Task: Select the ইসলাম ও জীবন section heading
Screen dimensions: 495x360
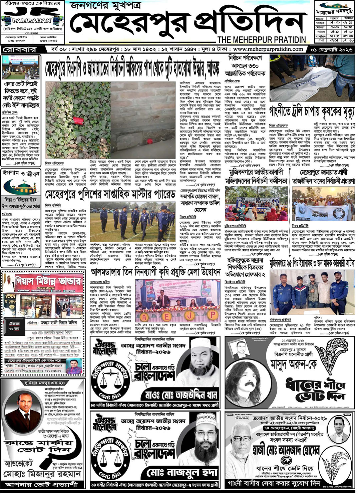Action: (x=21, y=174)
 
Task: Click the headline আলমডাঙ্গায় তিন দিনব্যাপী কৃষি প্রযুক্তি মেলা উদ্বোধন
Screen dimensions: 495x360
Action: (x=155, y=272)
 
